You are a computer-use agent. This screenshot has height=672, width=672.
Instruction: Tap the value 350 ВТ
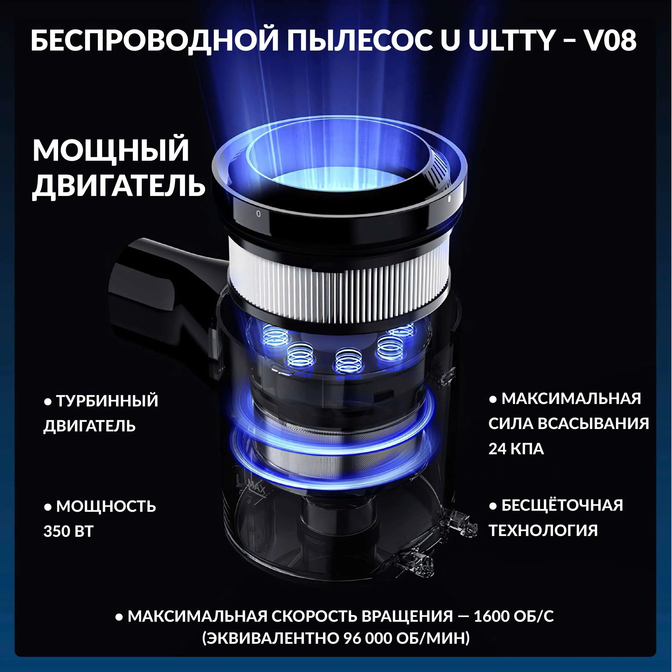click(x=69, y=531)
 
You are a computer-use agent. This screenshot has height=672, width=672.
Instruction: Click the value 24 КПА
click(x=516, y=449)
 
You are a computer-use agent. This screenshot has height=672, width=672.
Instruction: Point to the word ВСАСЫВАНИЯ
click(x=594, y=423)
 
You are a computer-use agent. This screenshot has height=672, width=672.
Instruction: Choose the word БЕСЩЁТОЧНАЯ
click(x=562, y=505)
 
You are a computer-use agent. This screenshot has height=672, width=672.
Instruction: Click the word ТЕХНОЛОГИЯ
click(x=543, y=530)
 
